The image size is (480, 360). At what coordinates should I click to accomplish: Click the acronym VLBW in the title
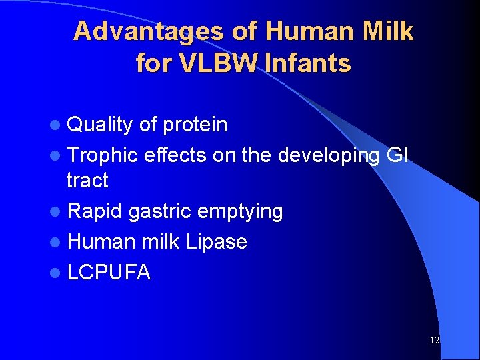pos(204,64)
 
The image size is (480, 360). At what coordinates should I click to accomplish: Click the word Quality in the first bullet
pos(100,125)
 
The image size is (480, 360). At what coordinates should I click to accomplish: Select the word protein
pos(195,125)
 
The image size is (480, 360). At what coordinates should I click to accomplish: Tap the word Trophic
pos(104,155)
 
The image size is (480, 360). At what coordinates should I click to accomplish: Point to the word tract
pos(87,181)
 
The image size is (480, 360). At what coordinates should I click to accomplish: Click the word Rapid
pos(95,211)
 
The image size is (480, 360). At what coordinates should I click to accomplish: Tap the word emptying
pos(239,212)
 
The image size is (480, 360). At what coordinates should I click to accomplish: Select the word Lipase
pos(217,241)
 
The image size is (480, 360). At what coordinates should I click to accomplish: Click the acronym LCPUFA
pos(109,271)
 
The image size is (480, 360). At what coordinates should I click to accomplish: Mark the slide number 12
pos(435,340)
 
